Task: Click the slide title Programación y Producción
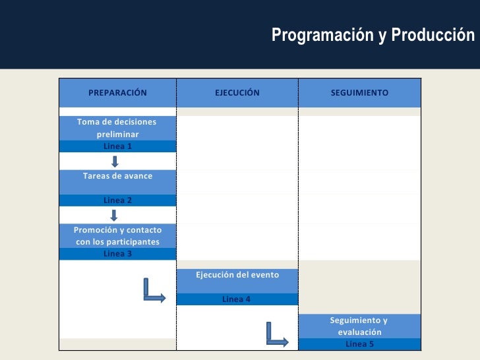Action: [373, 35]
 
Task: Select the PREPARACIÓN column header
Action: [117, 93]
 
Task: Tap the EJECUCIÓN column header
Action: [237, 93]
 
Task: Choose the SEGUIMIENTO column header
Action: [359, 93]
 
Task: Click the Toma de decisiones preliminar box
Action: [117, 128]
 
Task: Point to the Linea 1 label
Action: [117, 146]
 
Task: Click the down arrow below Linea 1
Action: [114, 162]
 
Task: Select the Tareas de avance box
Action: [117, 177]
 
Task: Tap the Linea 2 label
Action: [117, 200]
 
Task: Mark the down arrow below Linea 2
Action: [114, 215]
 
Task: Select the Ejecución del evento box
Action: [237, 276]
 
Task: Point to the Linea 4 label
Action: [237, 299]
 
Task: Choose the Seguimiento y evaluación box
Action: [359, 326]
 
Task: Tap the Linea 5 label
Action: [359, 344]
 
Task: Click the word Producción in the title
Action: [433, 35]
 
